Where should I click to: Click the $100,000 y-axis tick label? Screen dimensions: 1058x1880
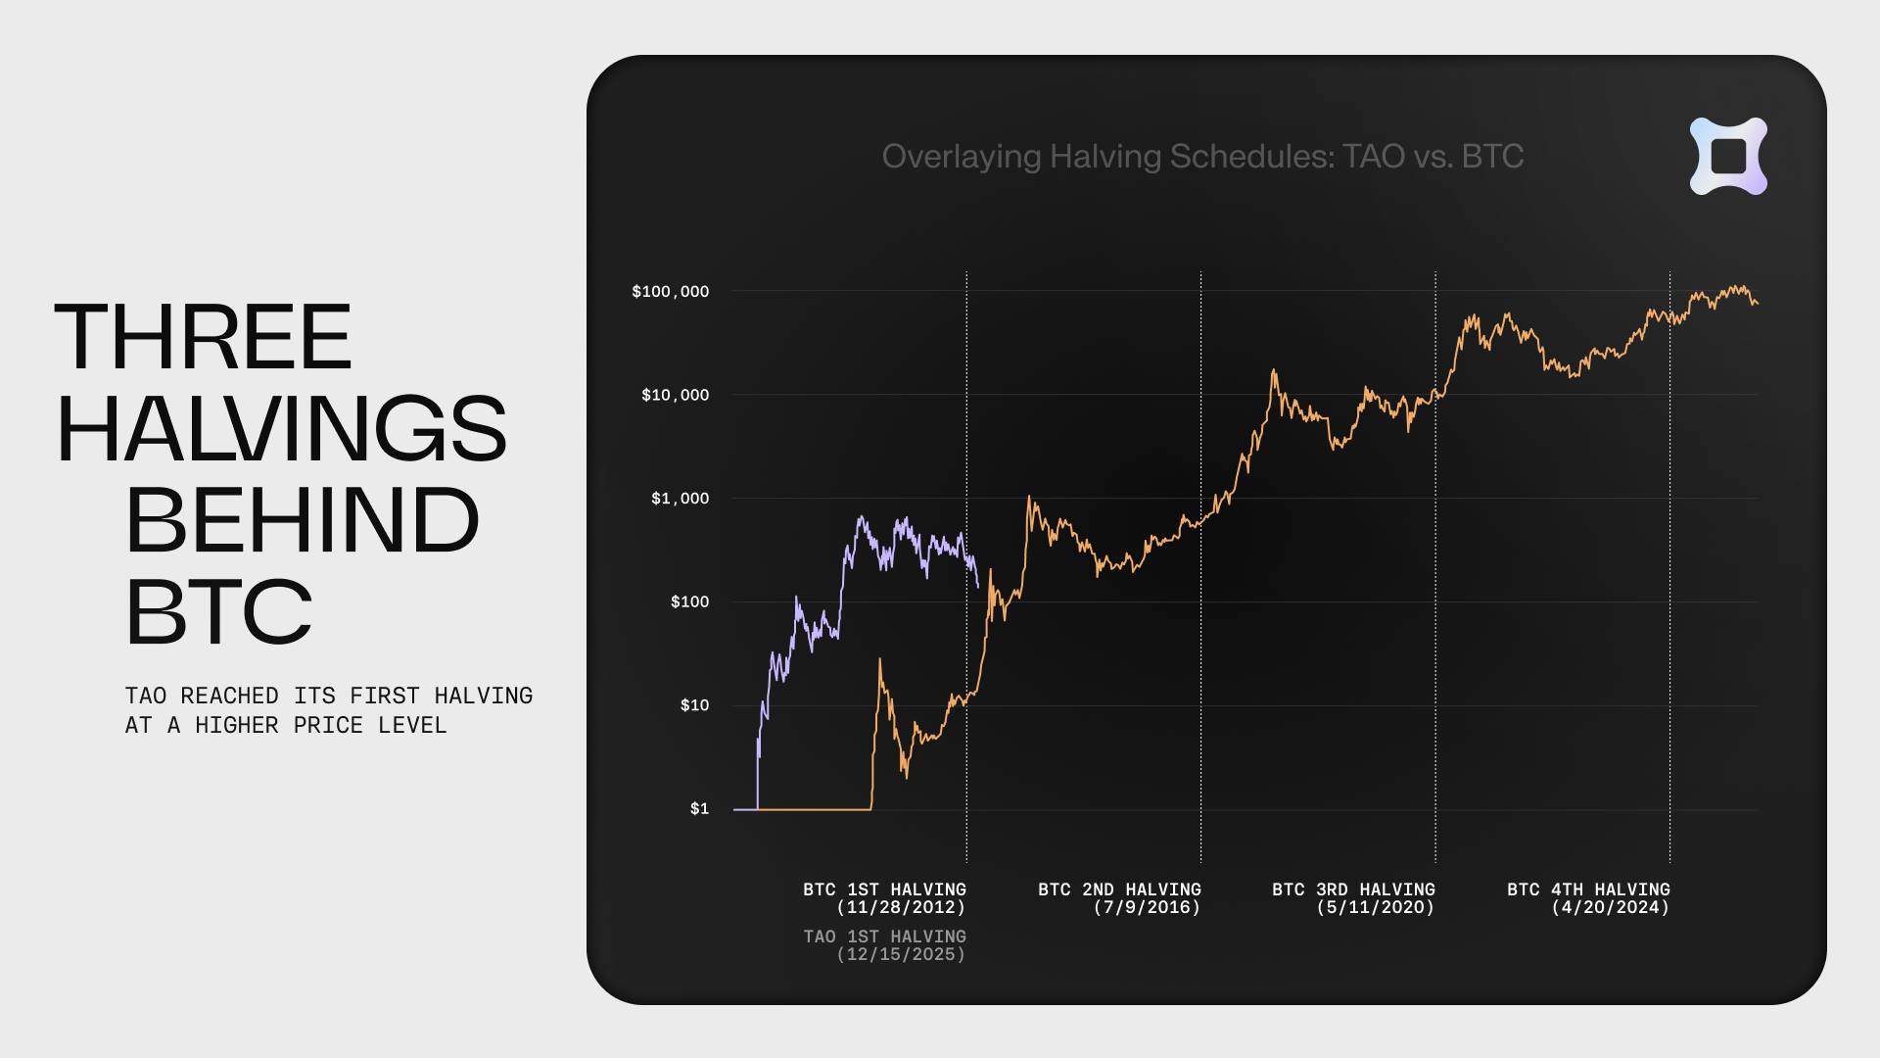click(x=670, y=292)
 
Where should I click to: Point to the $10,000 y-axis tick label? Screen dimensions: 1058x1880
click(x=675, y=395)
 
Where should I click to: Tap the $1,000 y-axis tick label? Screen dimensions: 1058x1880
click(x=680, y=499)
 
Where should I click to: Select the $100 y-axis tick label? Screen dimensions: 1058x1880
click(x=689, y=601)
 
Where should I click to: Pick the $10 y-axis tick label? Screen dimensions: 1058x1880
click(x=694, y=705)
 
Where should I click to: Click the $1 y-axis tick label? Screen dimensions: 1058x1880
click(x=699, y=809)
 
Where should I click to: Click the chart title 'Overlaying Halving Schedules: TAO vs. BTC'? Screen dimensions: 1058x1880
click(x=1202, y=157)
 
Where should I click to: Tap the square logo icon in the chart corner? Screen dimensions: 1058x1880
click(x=1728, y=157)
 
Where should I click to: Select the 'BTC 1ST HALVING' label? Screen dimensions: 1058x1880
click(x=884, y=890)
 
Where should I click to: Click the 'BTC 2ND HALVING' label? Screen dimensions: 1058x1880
click(x=1119, y=890)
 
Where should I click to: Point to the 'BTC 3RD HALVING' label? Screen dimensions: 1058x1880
click(x=1353, y=890)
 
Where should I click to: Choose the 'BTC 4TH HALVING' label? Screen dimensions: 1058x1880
click(x=1588, y=890)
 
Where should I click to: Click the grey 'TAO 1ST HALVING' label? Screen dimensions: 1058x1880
click(x=884, y=937)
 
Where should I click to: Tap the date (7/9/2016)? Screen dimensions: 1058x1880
click(x=1147, y=907)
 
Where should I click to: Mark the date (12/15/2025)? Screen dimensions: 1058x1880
click(x=901, y=954)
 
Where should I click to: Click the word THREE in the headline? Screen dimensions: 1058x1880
click(x=204, y=337)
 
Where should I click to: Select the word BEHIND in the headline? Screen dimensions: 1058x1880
click(x=303, y=520)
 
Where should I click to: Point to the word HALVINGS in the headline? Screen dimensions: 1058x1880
click(x=282, y=429)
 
